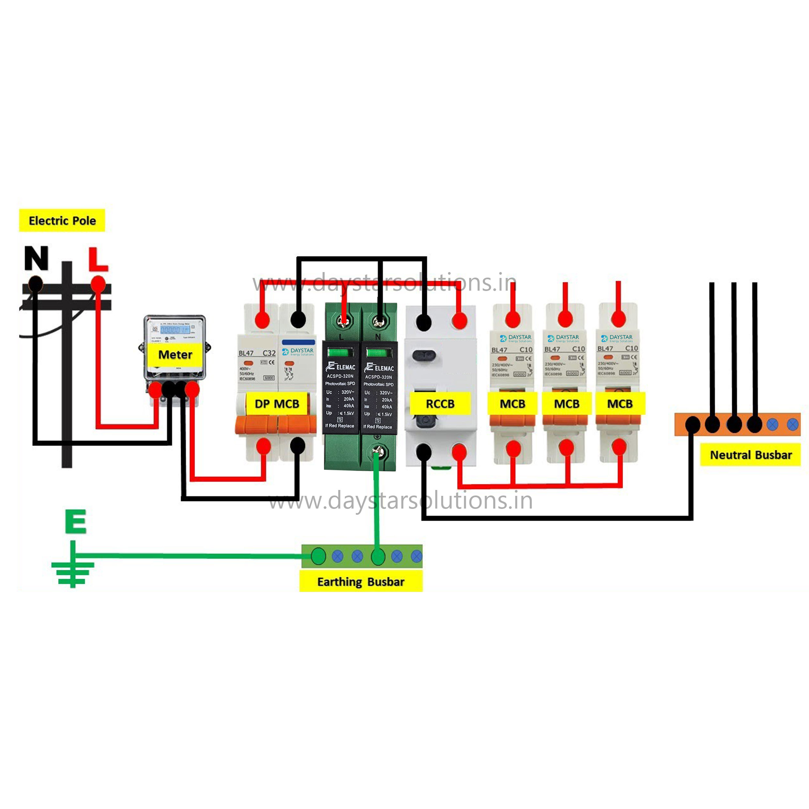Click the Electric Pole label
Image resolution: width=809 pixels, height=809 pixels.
tap(62, 220)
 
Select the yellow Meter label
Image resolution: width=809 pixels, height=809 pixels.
tap(175, 355)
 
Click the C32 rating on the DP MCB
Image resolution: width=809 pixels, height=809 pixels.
tap(269, 353)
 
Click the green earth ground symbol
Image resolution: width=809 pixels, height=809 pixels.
tap(73, 566)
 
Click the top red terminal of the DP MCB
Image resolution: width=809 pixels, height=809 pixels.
tap(263, 320)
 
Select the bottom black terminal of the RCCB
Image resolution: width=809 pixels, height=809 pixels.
tap(424, 452)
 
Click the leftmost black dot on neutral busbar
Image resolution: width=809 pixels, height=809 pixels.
tap(693, 425)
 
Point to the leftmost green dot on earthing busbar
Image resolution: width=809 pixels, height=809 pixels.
tap(318, 556)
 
